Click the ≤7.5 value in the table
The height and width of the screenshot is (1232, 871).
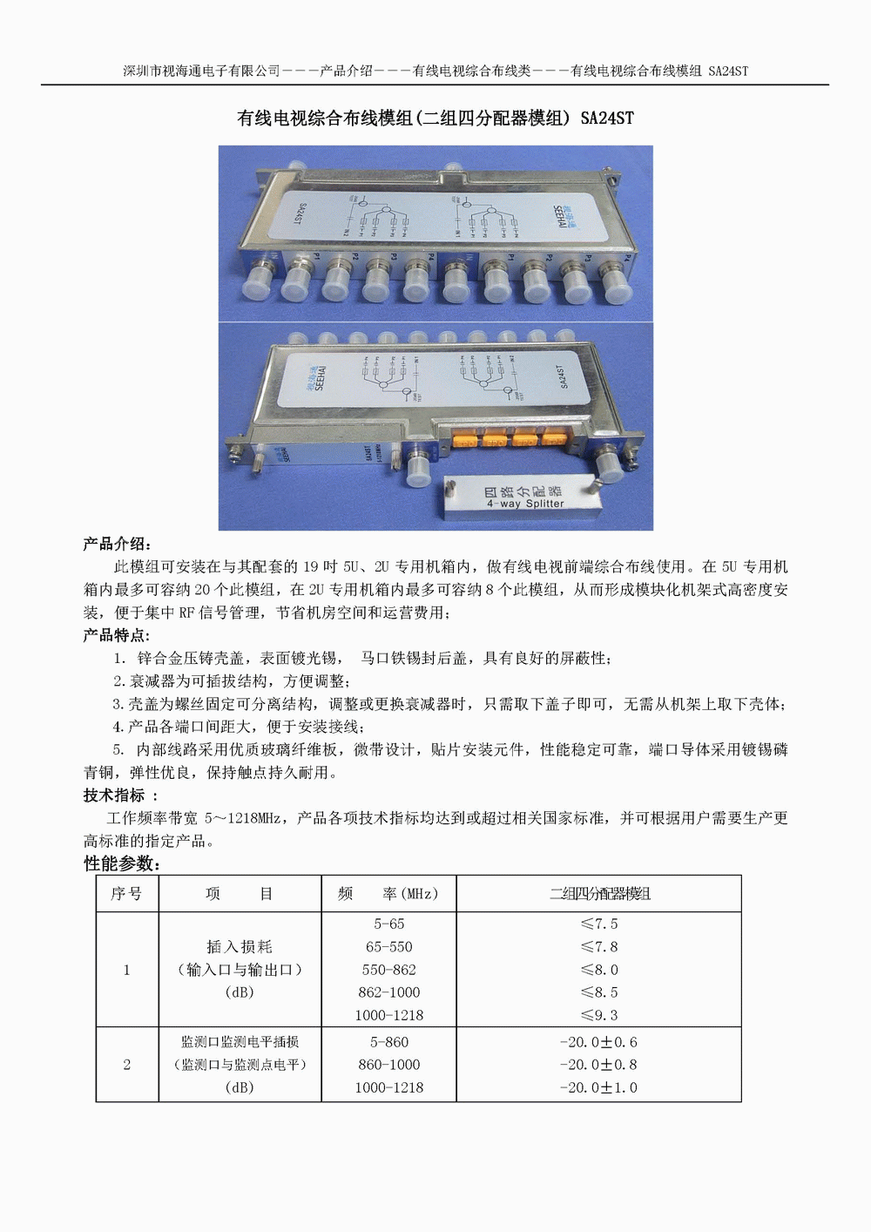[x=598, y=924]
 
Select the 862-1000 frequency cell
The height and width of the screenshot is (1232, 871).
[x=388, y=992]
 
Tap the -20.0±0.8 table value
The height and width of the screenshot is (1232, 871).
[x=598, y=1065]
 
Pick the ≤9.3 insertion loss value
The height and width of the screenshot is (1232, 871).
[x=598, y=1015]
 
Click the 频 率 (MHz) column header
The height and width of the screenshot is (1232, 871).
[x=388, y=894]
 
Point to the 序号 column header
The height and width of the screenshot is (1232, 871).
[x=126, y=894]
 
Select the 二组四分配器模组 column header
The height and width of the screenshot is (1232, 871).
[x=599, y=894]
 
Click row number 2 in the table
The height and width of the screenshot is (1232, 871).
[x=127, y=1065]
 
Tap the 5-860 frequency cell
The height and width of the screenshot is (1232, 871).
[x=388, y=1042]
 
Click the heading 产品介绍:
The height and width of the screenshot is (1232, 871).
[x=118, y=545]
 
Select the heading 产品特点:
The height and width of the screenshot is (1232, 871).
[x=118, y=635]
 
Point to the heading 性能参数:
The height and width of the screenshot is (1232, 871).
[x=122, y=863]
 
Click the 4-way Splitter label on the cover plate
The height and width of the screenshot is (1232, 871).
[x=525, y=504]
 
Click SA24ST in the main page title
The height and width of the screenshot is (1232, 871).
[x=607, y=118]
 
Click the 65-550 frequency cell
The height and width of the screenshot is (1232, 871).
[x=388, y=947]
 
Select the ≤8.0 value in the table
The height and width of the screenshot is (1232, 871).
[x=598, y=970]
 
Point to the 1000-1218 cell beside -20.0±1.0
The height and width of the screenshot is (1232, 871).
[x=388, y=1087]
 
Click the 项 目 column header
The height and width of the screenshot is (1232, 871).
[x=240, y=894]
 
